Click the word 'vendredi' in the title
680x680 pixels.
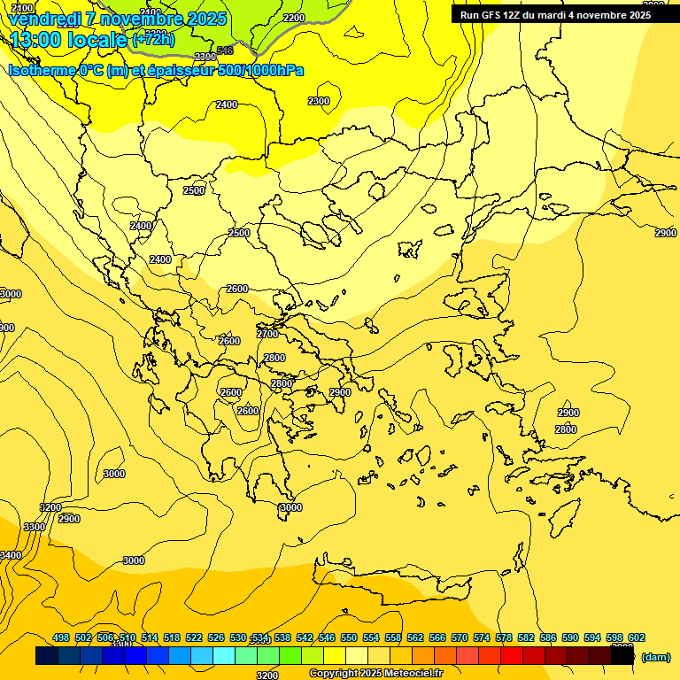[45, 19]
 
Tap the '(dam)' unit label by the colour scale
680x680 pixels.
[655, 657]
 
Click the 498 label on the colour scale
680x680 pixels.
[61, 638]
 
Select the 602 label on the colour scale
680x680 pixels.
[636, 638]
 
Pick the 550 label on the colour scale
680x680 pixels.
[349, 638]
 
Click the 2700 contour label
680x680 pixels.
[267, 334]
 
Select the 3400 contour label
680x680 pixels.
[11, 555]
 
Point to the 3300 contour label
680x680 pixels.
[34, 527]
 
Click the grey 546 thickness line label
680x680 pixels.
[225, 50]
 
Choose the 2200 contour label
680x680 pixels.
[294, 18]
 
